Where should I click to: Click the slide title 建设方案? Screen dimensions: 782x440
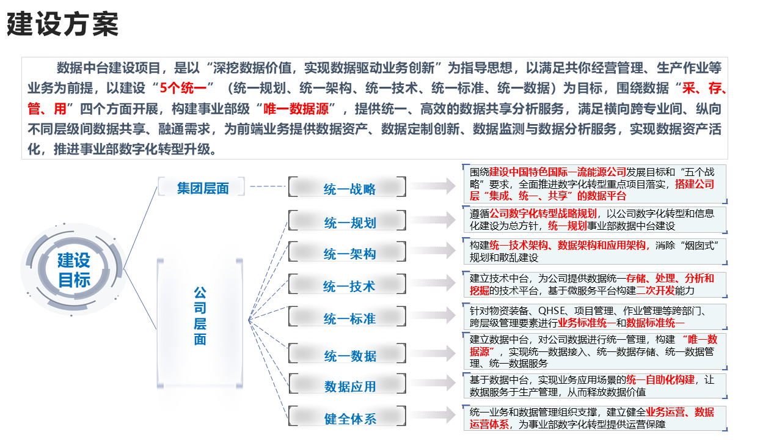(63, 24)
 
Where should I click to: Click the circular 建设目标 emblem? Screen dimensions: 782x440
(74, 269)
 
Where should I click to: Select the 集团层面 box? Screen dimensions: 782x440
(202, 187)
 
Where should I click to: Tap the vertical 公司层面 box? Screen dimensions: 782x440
(200, 323)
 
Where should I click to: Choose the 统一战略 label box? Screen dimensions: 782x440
(348, 187)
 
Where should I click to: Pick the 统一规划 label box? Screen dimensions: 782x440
(348, 221)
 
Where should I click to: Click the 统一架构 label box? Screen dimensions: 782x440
(348, 252)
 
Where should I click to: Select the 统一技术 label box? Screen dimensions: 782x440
(348, 284)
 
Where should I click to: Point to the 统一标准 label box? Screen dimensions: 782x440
(348, 317)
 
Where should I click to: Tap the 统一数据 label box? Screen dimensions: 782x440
(348, 354)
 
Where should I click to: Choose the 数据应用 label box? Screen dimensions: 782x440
(348, 384)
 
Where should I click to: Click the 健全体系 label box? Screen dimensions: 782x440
(348, 416)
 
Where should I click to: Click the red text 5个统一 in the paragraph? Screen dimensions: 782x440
(183, 89)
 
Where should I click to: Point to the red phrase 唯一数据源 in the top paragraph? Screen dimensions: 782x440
(296, 109)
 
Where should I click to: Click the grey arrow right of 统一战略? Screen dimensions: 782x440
(433, 186)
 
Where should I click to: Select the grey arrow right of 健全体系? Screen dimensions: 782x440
(433, 415)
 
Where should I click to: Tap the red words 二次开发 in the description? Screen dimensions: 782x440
(656, 290)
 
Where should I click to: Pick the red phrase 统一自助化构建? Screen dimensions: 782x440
(660, 380)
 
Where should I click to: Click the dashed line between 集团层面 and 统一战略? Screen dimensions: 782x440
(268, 186)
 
